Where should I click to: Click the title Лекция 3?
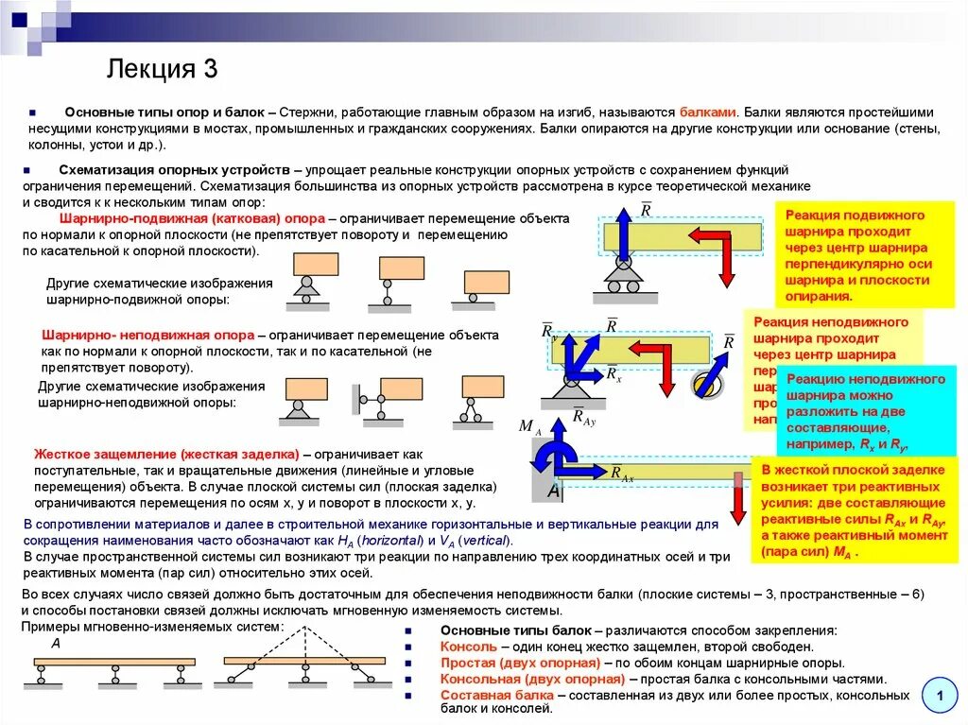point(164,69)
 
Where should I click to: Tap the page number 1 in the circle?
point(940,698)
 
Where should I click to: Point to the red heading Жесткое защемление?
point(166,454)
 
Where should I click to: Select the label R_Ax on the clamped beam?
point(621,474)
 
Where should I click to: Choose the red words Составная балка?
point(496,696)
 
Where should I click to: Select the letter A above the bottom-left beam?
point(56,644)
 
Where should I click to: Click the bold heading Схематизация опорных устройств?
point(177,168)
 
